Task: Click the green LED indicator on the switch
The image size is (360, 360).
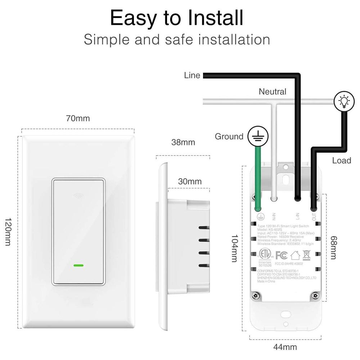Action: click(78, 266)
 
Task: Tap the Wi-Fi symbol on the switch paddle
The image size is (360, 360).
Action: click(78, 196)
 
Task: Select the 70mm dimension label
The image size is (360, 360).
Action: click(78, 118)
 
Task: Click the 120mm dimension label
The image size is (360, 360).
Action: click(8, 232)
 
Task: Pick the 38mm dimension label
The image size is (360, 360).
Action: click(183, 142)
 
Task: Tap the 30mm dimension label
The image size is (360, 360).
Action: click(190, 181)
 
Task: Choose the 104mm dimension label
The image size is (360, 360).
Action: click(234, 249)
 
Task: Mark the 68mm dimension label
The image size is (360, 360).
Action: click(333, 248)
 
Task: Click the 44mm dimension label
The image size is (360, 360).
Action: click(285, 347)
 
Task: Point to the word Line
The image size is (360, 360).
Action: click(192, 76)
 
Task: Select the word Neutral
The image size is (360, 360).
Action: click(273, 92)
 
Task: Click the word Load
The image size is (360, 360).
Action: click(342, 161)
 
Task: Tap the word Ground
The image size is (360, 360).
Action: click(229, 136)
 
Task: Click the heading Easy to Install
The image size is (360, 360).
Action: click(176, 18)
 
